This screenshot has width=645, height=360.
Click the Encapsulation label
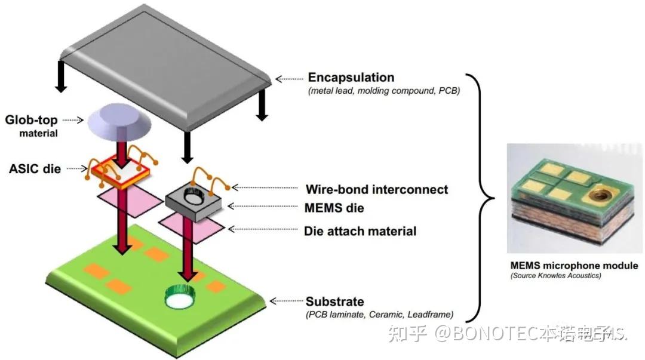tap(351, 78)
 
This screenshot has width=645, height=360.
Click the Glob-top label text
tap(32, 120)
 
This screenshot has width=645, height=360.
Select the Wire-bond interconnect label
tap(376, 190)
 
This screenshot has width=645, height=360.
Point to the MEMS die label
tap(334, 208)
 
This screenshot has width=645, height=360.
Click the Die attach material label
tap(360, 230)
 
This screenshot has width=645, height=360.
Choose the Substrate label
tap(334, 301)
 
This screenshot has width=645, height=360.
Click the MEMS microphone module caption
tap(574, 265)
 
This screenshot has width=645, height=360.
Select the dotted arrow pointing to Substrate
tap(285, 301)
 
